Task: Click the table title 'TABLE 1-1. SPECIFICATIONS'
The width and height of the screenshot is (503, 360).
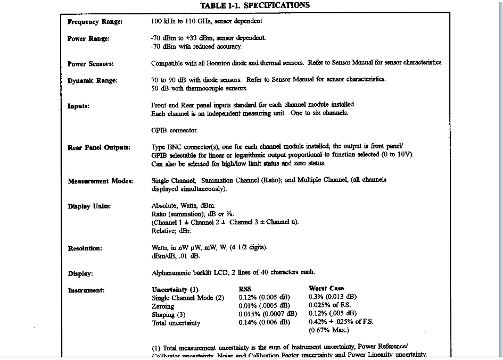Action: pos(254,5)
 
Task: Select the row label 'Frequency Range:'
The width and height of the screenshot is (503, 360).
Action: pos(95,22)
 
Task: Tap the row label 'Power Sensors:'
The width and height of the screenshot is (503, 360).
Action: pos(90,64)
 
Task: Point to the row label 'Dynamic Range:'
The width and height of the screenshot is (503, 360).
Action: pos(92,80)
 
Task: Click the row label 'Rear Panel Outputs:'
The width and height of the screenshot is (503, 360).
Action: pos(99,147)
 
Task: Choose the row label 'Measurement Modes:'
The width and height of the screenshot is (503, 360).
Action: pos(100,181)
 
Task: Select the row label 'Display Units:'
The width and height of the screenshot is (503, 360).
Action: pos(89,206)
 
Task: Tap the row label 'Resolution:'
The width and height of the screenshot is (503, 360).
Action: pos(85,248)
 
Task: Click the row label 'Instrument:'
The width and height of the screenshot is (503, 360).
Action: pos(86,290)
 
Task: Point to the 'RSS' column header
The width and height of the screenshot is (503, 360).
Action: pos(245,289)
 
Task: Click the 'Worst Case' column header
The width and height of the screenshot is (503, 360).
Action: pos(326,289)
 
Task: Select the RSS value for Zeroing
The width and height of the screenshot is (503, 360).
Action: pos(264,306)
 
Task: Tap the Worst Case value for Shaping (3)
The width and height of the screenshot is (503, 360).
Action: pos(332,314)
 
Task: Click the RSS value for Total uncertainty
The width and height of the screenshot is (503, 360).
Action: pos(264,322)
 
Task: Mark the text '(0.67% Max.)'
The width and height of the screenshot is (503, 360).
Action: pos(328,330)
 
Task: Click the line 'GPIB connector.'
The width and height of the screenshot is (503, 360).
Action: pos(174,130)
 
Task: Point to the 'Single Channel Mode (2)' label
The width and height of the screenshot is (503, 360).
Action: pos(188,298)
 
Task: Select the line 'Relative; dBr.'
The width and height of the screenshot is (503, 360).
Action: pos(171,231)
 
